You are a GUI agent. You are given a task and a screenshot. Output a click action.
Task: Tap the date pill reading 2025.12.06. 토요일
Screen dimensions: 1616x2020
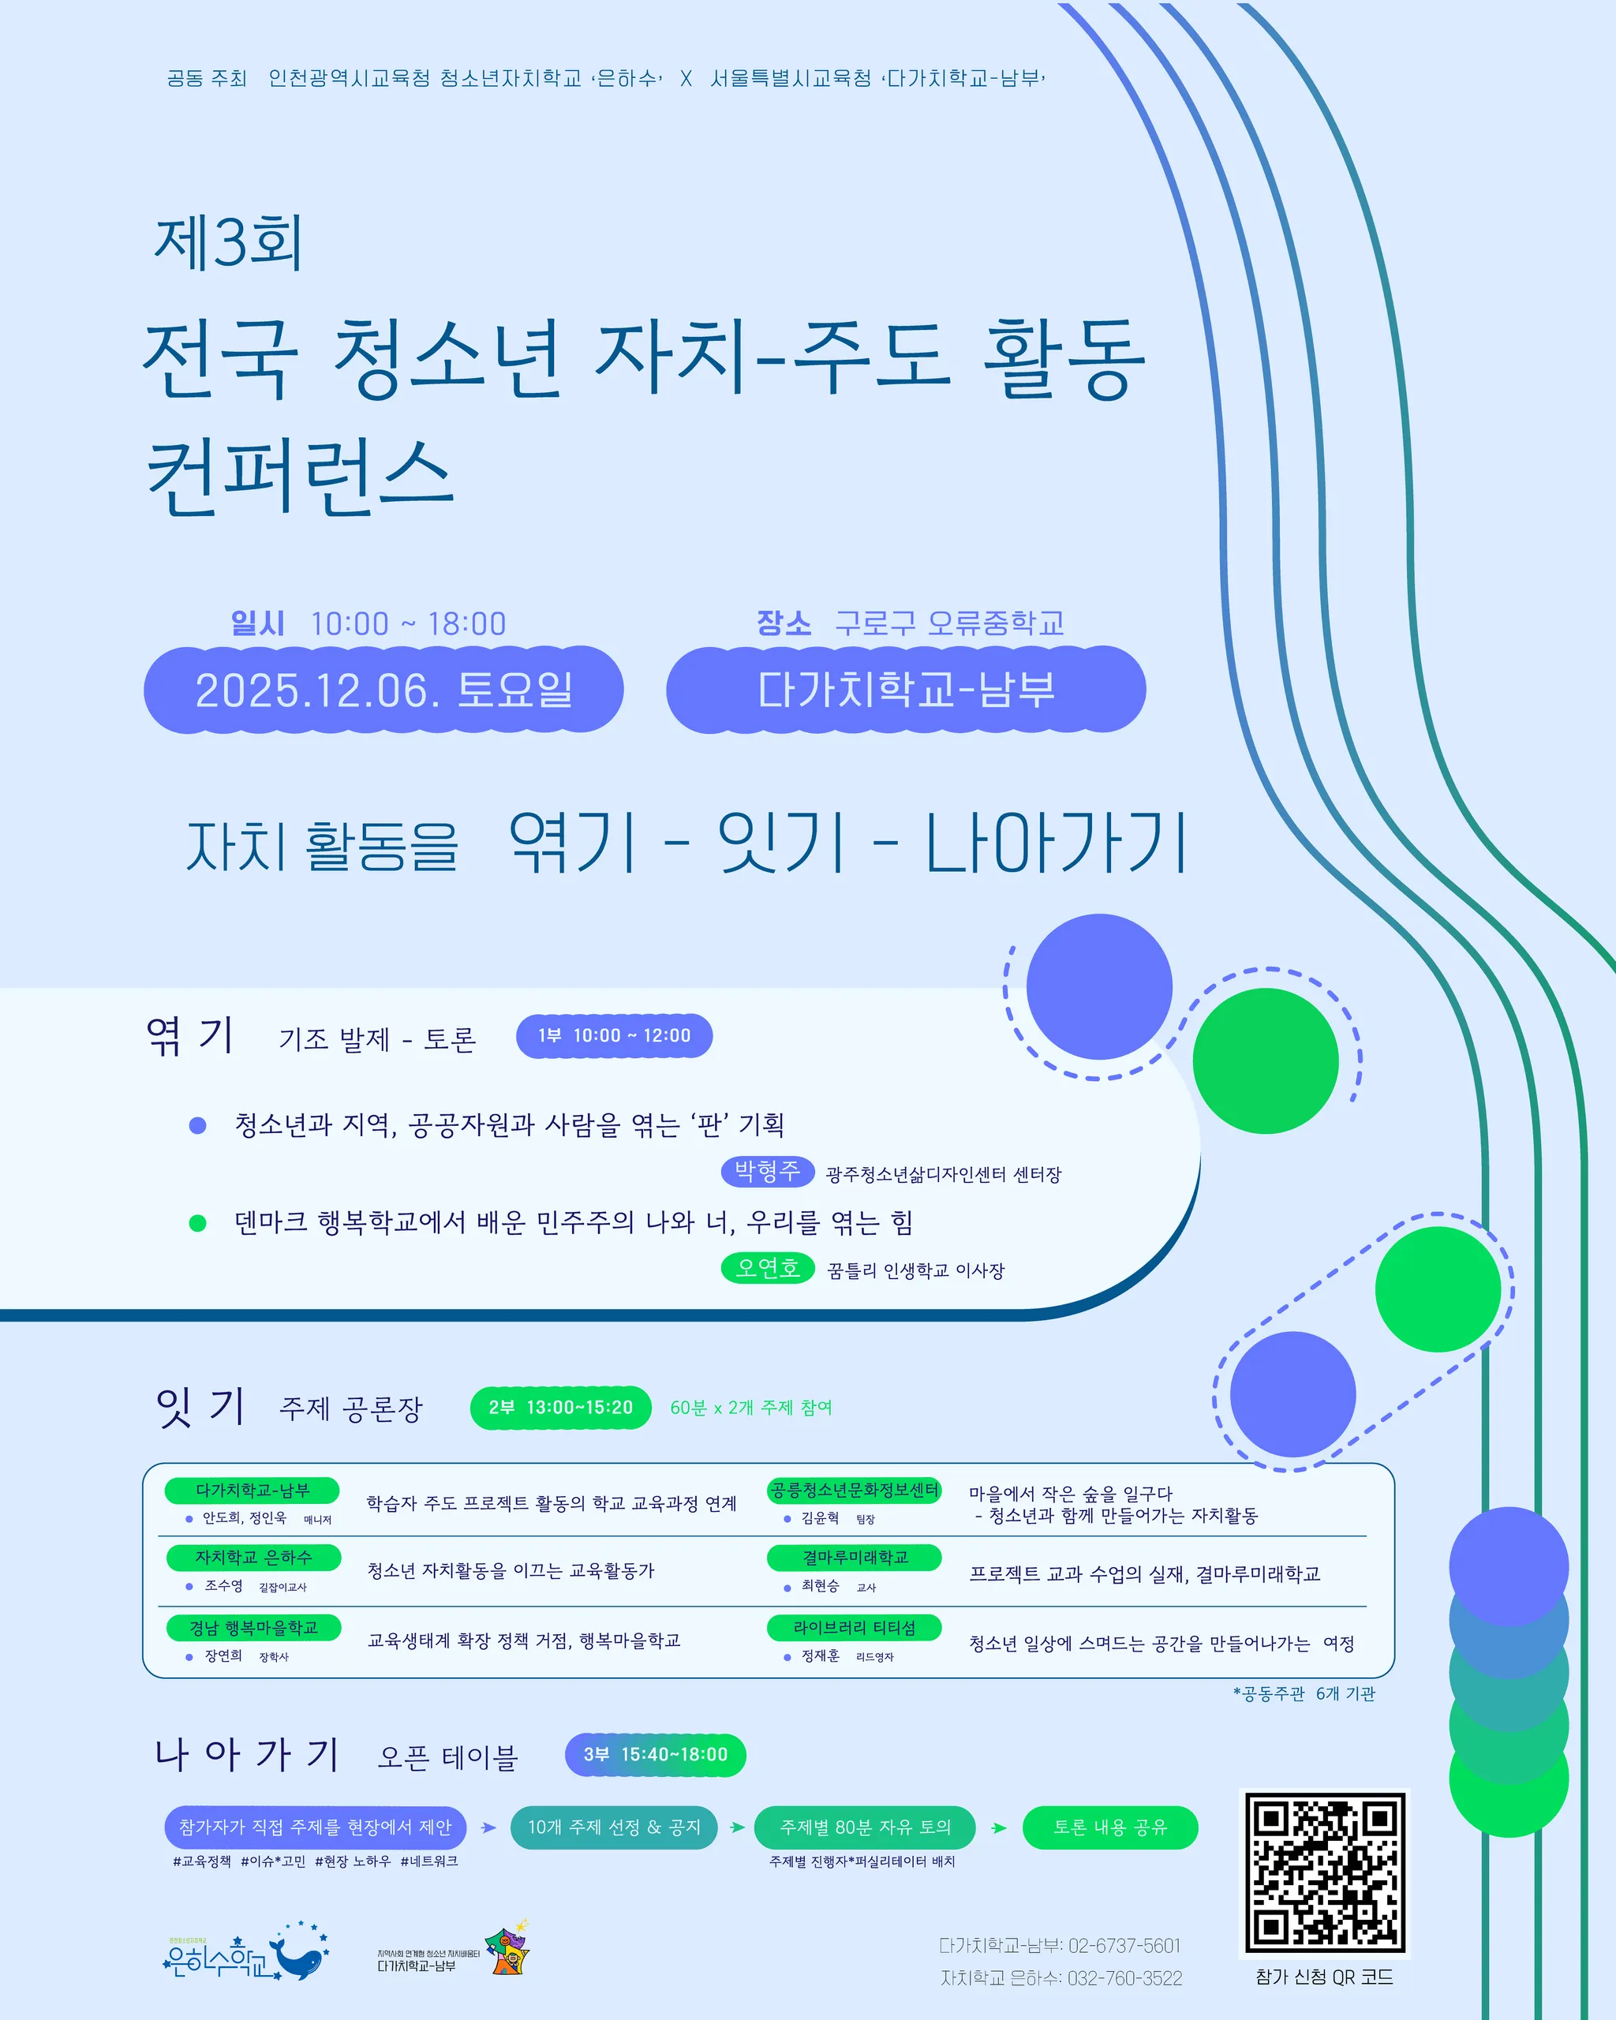383,690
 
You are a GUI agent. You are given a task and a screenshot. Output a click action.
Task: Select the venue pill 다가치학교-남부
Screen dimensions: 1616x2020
906,690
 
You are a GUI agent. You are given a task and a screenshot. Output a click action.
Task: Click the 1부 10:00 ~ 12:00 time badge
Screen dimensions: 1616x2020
615,1035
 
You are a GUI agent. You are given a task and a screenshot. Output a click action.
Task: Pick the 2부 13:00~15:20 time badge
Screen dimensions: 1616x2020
560,1407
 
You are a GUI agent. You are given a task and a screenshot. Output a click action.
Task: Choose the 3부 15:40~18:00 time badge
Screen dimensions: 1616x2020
656,1754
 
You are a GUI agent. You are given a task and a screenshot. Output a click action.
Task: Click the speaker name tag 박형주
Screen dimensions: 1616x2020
767,1170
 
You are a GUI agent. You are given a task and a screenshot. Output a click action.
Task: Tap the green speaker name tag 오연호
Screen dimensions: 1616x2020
767,1268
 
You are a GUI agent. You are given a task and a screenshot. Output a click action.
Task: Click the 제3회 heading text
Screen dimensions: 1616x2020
229,243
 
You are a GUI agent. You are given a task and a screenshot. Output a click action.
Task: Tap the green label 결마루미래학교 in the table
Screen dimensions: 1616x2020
855,1557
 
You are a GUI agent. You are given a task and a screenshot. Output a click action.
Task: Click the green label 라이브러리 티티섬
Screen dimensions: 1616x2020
855,1627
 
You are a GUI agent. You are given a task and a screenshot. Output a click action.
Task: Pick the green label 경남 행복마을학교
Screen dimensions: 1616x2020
253,1627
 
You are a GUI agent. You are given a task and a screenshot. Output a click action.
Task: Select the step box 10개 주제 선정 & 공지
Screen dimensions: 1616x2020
614,1827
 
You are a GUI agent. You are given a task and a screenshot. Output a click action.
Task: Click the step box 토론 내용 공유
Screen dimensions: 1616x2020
1110,1827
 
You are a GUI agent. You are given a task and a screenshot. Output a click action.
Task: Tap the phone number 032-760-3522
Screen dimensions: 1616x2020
1124,1978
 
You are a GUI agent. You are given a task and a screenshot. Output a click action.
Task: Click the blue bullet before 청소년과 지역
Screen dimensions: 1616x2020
198,1125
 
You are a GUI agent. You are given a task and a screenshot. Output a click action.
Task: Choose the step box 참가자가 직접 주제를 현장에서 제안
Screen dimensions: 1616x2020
315,1827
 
